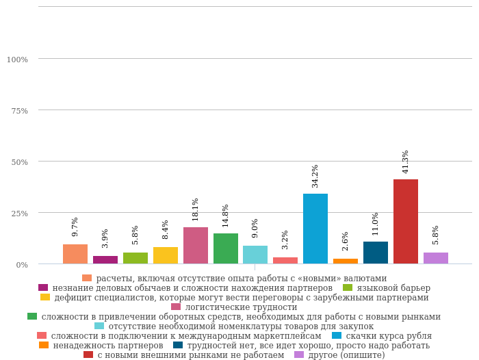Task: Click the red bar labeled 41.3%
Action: pyautogui.click(x=405, y=221)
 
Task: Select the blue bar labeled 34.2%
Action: pyautogui.click(x=315, y=229)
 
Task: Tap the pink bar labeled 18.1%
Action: pyautogui.click(x=196, y=245)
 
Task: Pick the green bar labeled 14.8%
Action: pyautogui.click(x=226, y=248)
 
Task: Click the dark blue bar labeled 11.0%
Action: pyautogui.click(x=376, y=253)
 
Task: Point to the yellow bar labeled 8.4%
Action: pyautogui.click(x=166, y=255)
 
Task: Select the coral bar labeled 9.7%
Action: pyautogui.click(x=75, y=254)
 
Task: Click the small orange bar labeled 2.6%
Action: pyautogui.click(x=346, y=261)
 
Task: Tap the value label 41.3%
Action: pyautogui.click(x=406, y=162)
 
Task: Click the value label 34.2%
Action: pyautogui.click(x=315, y=176)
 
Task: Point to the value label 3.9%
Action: pyautogui.click(x=105, y=238)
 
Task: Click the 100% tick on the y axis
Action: pyautogui.click(x=18, y=60)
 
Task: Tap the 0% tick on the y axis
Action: pyautogui.click(x=23, y=265)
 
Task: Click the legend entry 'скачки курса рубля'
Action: pyautogui.click(x=388, y=336)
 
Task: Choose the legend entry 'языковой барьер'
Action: pyautogui.click(x=393, y=288)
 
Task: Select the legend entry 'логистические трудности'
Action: pyautogui.click(x=241, y=307)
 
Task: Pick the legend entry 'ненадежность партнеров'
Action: pyautogui.click(x=107, y=346)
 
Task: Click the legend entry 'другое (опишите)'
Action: pyautogui.click(x=346, y=355)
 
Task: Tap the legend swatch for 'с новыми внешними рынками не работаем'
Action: pyautogui.click(x=88, y=355)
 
